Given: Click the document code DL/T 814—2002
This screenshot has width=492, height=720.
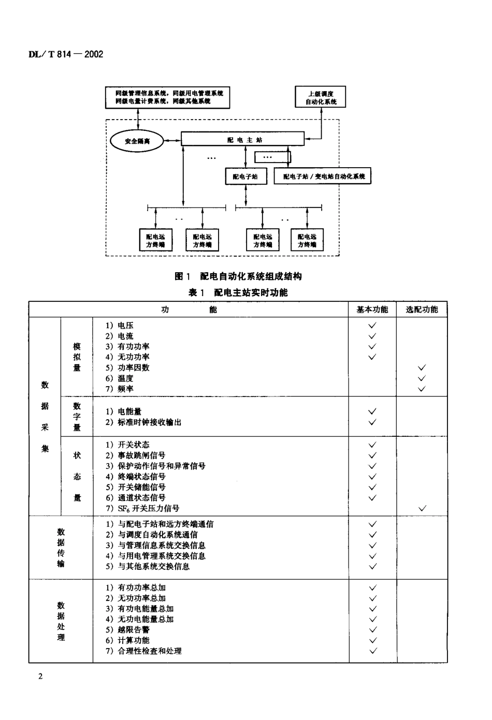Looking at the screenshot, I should point(66,54).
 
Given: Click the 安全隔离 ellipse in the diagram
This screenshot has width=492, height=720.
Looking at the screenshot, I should point(137,141).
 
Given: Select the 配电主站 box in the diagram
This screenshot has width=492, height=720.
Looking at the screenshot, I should point(242,139).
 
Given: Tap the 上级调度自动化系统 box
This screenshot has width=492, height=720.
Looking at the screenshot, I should point(320,97).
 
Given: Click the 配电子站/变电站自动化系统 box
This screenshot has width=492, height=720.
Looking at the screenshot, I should point(323,176).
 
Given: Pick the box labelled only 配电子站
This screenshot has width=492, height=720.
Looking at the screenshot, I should point(245,176).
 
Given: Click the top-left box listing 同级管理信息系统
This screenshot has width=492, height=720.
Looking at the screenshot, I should point(167,97).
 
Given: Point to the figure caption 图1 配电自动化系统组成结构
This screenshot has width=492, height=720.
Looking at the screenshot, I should point(238,276).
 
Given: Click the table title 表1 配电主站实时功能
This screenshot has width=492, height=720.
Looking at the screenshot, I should point(238,292).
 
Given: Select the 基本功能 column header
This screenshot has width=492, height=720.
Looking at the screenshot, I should point(372,310).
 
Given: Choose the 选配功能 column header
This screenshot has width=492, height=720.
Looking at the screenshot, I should point(422,310).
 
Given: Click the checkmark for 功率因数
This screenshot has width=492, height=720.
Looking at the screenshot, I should point(422,368).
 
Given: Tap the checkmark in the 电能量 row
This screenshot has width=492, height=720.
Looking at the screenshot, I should point(372,412).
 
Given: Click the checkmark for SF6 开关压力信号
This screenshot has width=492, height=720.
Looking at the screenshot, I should point(422,508).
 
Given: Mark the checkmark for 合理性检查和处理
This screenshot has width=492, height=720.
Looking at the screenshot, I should point(372,651).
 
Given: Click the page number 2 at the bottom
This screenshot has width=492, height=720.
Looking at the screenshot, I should point(40,677).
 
